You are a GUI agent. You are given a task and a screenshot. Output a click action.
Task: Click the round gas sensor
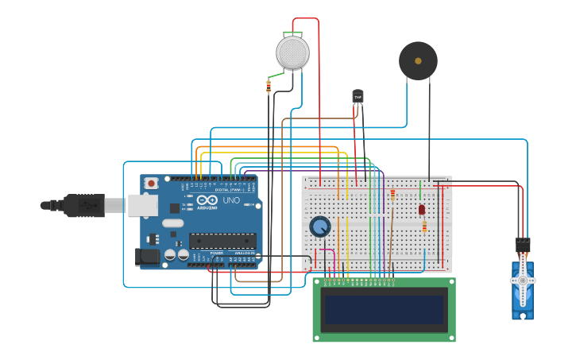(x=292, y=52)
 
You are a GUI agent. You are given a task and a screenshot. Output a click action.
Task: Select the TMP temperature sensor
(x=358, y=96)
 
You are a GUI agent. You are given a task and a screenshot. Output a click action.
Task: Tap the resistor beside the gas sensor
(x=269, y=86)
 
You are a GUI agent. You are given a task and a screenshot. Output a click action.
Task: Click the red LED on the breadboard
(x=422, y=210)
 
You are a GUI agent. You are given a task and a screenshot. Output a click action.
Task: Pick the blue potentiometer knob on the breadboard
(x=320, y=227)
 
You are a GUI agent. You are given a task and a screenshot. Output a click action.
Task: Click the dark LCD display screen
(x=384, y=309)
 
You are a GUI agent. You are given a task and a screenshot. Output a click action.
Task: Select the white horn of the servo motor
(x=523, y=280)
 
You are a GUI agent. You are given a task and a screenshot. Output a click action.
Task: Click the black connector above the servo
(x=522, y=244)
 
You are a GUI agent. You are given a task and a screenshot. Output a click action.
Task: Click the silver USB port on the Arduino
(x=143, y=206)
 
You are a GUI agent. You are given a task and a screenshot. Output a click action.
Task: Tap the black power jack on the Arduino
(x=146, y=257)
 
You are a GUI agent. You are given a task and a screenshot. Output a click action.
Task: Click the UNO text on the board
(x=231, y=201)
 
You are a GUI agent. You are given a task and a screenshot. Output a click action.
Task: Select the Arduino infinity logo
(x=203, y=201)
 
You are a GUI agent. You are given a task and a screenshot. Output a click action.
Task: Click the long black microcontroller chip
(x=222, y=241)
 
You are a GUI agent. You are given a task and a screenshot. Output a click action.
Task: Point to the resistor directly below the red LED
(x=424, y=227)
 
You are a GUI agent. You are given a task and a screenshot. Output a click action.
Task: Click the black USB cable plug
(x=83, y=206)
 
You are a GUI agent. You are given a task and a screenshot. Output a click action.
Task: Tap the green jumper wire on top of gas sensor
(x=292, y=33)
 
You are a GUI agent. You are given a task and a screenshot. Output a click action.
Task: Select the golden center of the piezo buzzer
(x=418, y=60)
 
